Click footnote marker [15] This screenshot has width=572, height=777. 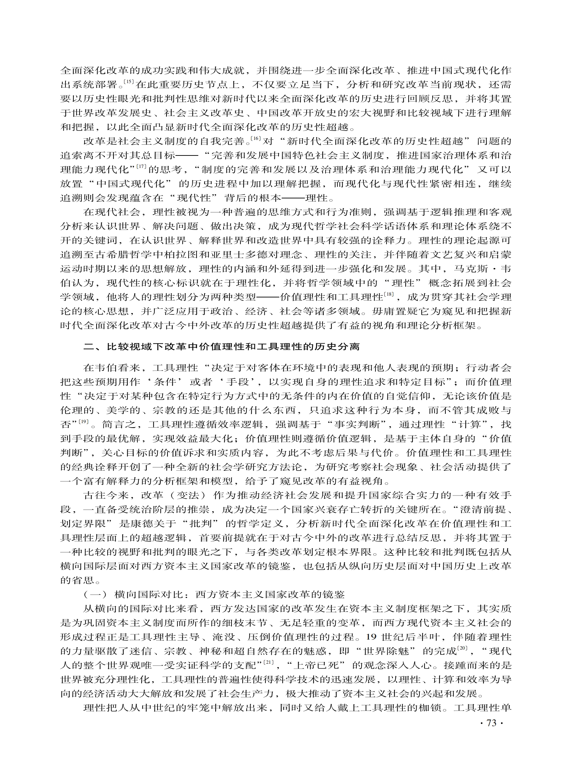coord(130,82)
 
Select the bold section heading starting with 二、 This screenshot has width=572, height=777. coord(221,347)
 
